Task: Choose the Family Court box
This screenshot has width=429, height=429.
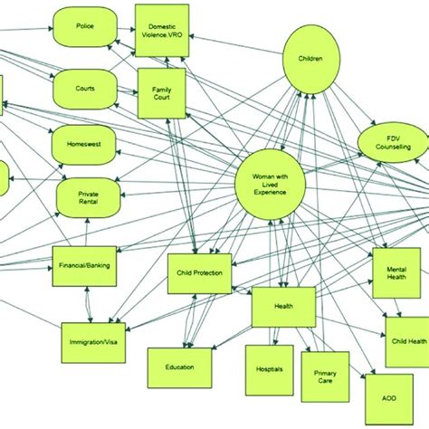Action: pos(161,94)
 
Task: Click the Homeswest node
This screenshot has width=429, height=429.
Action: pos(86,145)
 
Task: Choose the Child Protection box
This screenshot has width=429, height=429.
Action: pos(200,273)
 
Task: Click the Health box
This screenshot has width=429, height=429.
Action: pos(283,307)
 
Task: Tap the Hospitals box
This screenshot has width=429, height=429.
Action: pos(268,371)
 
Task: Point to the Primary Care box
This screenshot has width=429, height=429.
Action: pos(325,376)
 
